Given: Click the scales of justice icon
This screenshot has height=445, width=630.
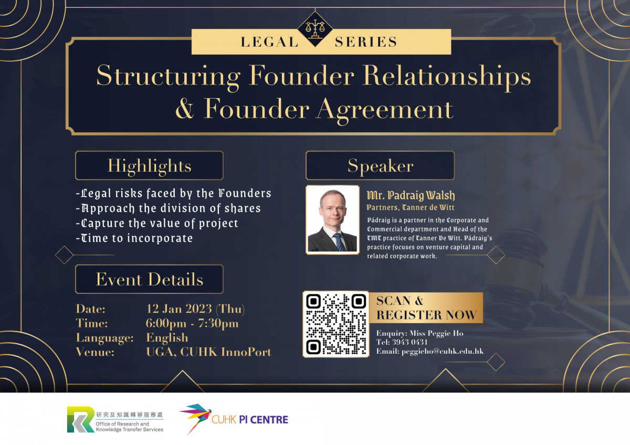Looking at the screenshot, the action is click(x=315, y=29).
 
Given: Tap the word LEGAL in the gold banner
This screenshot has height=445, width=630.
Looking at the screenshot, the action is click(x=269, y=42).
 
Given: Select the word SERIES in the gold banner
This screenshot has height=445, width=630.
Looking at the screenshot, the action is click(x=366, y=42).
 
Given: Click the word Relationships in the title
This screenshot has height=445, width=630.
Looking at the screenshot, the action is click(x=447, y=76).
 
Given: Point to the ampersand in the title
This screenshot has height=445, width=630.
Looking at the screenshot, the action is click(x=185, y=109).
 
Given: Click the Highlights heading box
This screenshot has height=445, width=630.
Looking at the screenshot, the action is click(x=149, y=165).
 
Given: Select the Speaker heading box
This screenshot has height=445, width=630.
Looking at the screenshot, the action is click(x=380, y=165).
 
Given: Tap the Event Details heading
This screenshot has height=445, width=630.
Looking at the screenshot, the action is click(x=149, y=279).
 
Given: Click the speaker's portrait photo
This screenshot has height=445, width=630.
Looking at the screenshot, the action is click(x=332, y=220).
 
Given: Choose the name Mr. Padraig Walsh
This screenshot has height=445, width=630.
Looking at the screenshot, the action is click(x=411, y=195).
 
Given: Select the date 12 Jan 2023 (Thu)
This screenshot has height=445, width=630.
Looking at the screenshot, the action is click(x=195, y=309).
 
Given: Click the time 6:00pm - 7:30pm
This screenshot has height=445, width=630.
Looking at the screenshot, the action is click(x=192, y=323).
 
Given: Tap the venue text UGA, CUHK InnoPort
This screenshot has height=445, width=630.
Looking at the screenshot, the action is click(x=209, y=352).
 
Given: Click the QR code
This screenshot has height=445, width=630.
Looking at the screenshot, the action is click(x=336, y=324).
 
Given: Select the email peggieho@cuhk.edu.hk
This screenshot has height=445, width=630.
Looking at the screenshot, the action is click(x=443, y=352).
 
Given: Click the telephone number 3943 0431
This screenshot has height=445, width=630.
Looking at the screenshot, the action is click(x=410, y=342).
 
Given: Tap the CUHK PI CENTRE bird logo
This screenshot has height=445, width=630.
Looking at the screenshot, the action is click(x=196, y=419).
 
